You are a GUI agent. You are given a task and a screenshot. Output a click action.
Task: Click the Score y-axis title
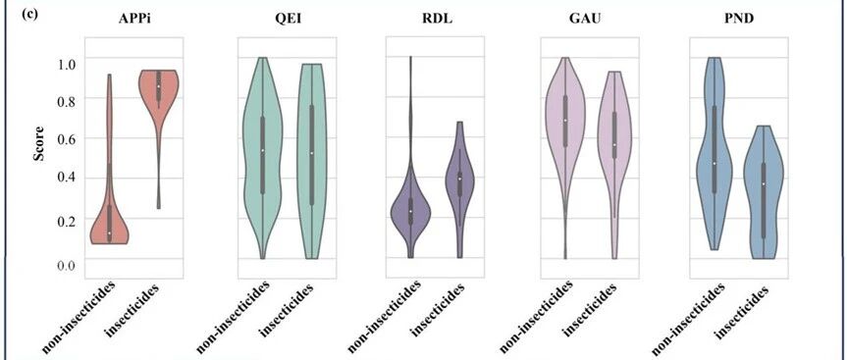(39, 143)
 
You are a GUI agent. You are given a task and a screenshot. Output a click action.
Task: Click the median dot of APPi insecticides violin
(159, 86)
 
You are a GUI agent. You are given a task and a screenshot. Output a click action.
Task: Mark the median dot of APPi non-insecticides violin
(109, 233)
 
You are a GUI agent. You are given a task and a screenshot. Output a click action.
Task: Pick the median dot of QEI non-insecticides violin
(262, 151)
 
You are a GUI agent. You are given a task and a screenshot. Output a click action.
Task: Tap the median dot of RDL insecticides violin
(459, 179)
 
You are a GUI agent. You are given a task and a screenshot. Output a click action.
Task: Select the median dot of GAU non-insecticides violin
(565, 121)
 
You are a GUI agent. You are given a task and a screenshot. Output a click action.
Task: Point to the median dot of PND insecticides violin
(764, 184)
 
